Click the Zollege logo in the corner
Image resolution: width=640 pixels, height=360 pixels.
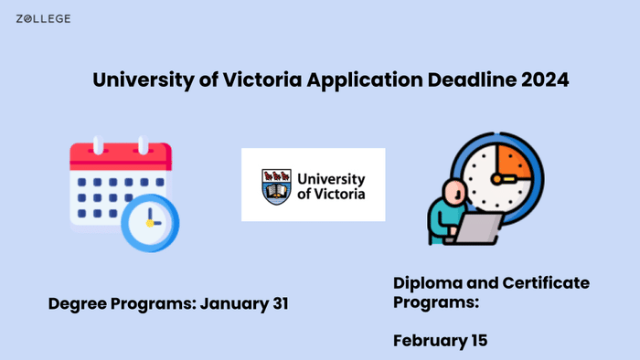[43, 18]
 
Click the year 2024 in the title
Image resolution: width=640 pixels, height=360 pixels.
[546, 79]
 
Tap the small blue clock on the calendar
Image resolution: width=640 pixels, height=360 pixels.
[150, 222]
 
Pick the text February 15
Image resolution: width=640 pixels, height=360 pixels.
[441, 341]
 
